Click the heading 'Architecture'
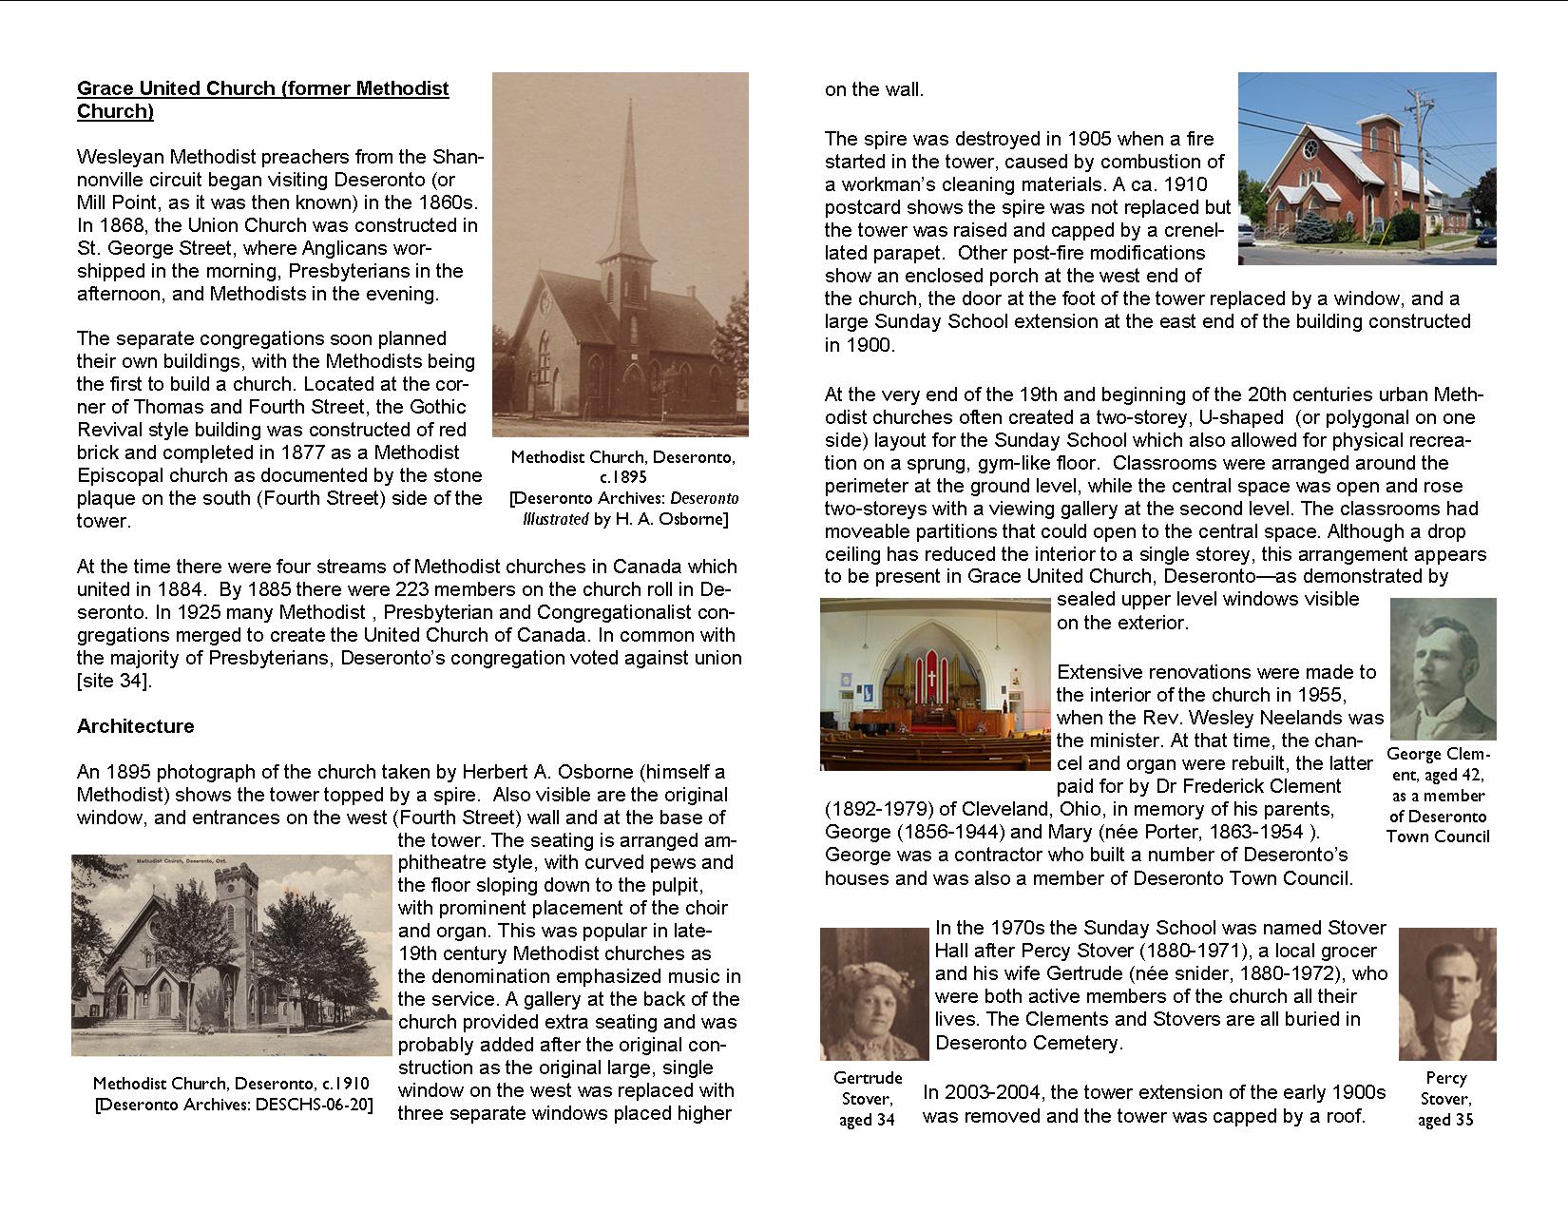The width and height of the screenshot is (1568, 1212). (135, 726)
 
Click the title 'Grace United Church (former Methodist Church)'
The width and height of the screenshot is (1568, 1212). (262, 100)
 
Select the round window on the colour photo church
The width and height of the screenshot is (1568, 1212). (1310, 149)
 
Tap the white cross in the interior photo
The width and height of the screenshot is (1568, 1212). (932, 678)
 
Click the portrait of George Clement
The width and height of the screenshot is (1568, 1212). (1443, 669)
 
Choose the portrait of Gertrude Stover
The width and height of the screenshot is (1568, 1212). (873, 994)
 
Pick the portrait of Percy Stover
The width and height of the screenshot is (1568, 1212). (1447, 994)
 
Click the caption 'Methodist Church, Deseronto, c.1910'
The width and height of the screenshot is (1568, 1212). (231, 1084)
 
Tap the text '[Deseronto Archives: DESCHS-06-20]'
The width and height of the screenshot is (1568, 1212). (234, 1105)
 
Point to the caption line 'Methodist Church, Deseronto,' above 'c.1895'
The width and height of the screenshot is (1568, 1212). (622, 457)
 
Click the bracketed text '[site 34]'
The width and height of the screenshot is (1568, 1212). (113, 681)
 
